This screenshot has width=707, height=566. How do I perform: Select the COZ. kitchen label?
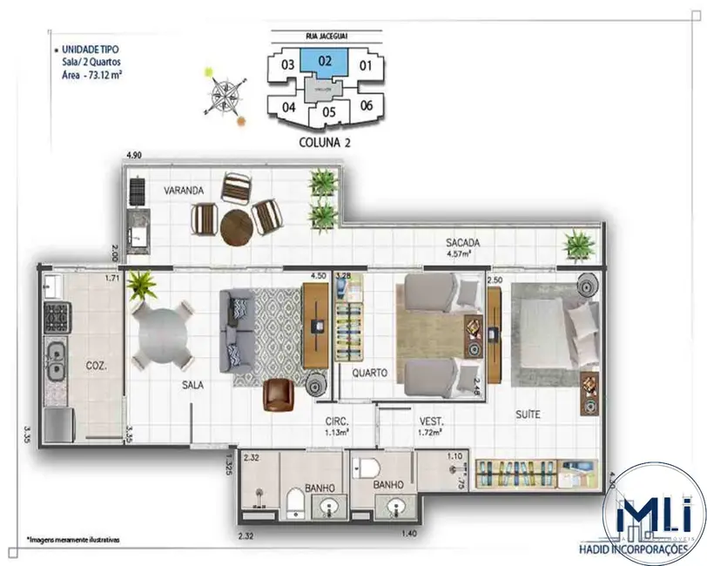click(96, 366)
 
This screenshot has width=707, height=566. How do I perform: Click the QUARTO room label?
click(368, 372)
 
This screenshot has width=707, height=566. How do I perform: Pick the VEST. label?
click(426, 418)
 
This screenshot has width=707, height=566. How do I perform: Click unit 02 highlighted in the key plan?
click(323, 62)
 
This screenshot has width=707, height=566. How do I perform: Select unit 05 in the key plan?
click(328, 111)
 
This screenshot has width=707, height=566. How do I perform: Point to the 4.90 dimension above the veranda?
click(134, 155)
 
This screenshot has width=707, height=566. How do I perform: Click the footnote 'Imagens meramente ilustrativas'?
click(73, 540)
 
